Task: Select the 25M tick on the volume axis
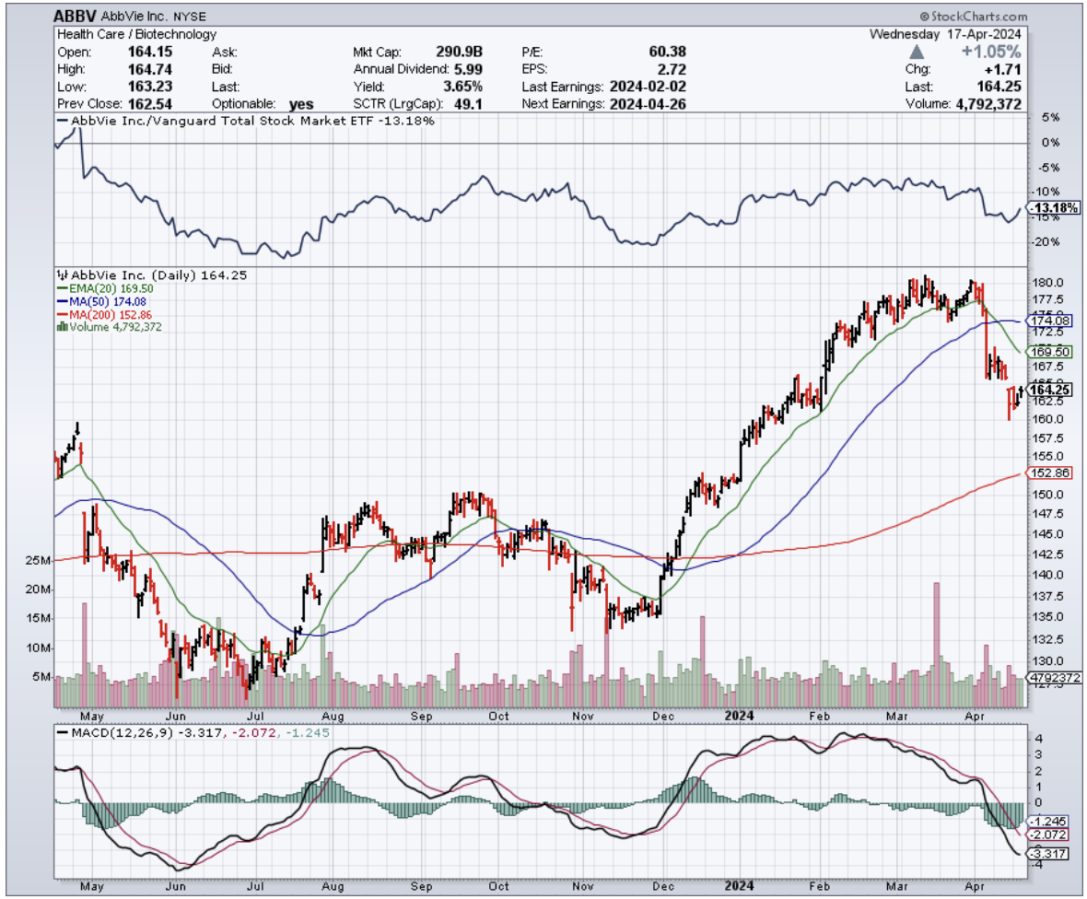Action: (x=39, y=561)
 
